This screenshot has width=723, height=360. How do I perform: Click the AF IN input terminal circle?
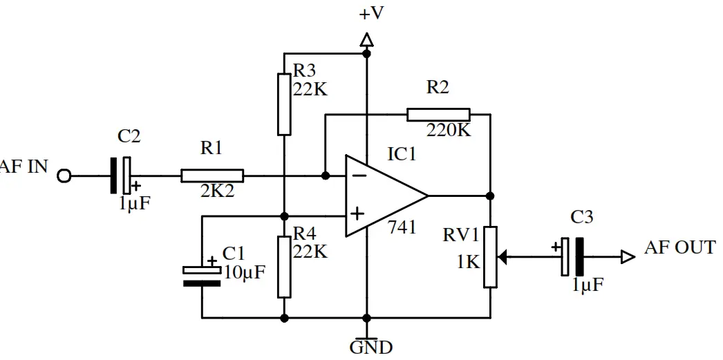(x=64, y=176)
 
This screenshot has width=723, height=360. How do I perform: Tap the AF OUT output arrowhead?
(x=628, y=257)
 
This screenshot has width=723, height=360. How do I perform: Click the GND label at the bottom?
(x=371, y=347)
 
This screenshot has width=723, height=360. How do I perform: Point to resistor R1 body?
(x=212, y=176)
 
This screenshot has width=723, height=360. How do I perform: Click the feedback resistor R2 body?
(x=438, y=115)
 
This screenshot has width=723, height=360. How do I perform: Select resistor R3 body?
(x=284, y=104)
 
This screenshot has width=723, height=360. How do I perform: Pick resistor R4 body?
(x=284, y=266)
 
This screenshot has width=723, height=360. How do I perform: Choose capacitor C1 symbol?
(x=202, y=276)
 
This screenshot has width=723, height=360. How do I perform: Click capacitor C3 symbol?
(x=572, y=257)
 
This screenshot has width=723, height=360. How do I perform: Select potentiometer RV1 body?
(x=490, y=256)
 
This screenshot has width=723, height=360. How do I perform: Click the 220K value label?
(x=449, y=130)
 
